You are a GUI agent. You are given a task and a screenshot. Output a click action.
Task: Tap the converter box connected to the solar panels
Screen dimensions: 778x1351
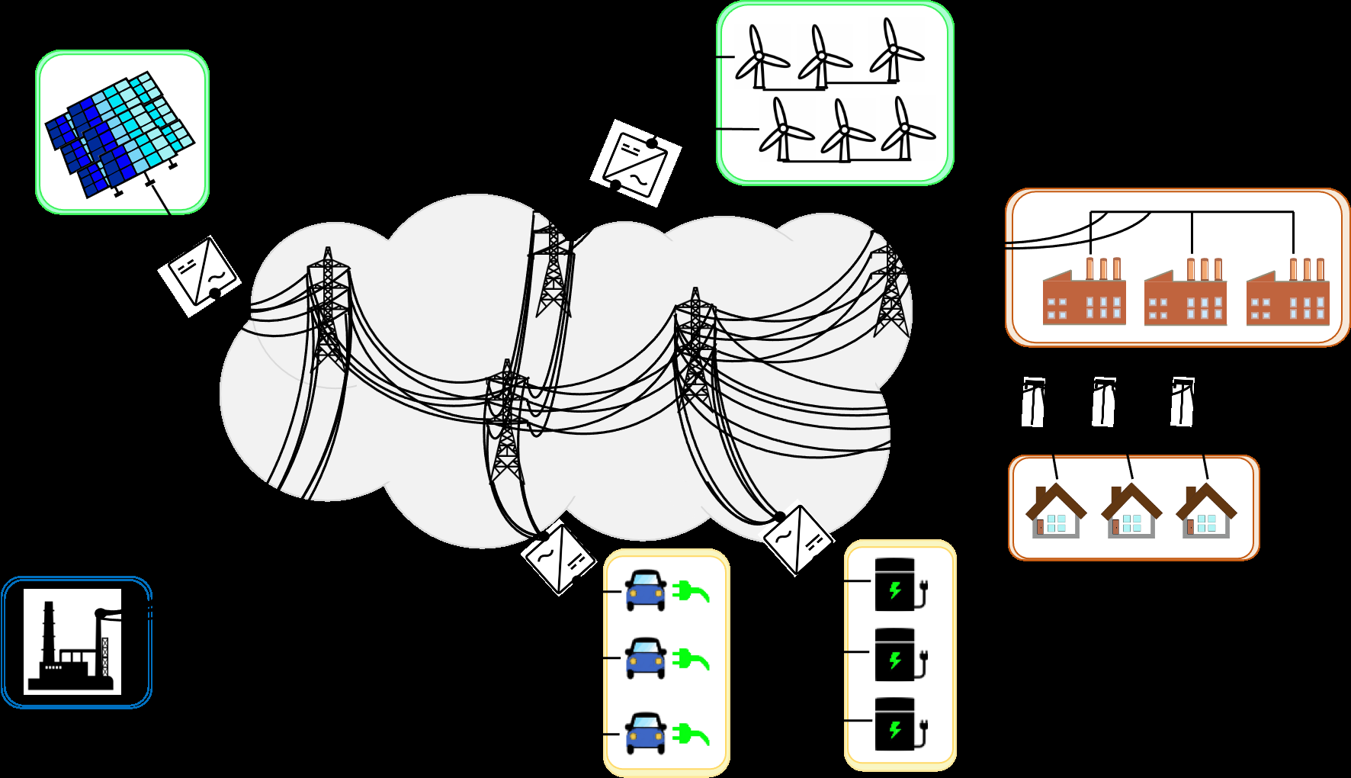coord(199,275)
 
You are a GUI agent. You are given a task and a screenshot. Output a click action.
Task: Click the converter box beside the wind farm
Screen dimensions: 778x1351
coord(636,162)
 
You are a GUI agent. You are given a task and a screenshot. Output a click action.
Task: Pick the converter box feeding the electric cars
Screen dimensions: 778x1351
coord(559,558)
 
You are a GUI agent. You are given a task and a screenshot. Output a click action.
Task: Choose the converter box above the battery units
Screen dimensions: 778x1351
coord(798,538)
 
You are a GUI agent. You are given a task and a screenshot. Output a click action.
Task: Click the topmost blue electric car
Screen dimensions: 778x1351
coord(646,590)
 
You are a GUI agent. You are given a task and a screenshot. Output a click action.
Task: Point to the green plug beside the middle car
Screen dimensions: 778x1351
coord(691,659)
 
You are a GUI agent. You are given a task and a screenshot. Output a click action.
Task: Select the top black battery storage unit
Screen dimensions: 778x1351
coord(895,585)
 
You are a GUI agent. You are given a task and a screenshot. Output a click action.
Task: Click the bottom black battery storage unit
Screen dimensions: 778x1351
coord(895,724)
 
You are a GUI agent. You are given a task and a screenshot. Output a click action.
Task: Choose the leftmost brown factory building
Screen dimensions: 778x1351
coord(1083,299)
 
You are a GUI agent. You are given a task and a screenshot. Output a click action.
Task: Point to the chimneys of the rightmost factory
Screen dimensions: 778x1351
coord(1307,269)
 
